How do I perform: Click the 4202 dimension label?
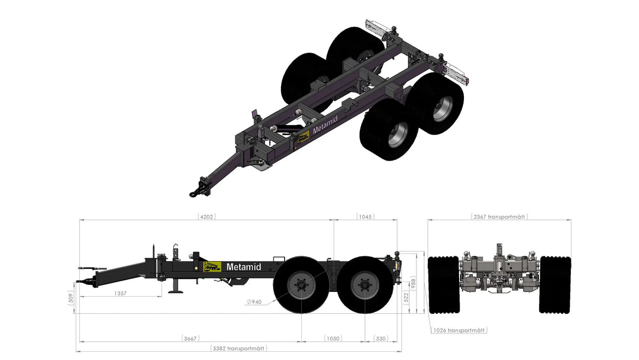(x=206, y=217)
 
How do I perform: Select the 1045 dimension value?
(x=365, y=217)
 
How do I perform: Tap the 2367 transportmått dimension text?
(x=499, y=217)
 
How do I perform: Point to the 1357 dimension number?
(x=120, y=293)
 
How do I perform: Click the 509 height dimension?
(x=71, y=299)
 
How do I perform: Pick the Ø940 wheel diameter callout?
(x=254, y=302)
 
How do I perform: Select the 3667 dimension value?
(x=190, y=339)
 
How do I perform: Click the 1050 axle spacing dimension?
(x=333, y=339)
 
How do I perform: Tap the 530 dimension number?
(x=380, y=339)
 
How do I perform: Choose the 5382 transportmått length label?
(x=239, y=349)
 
